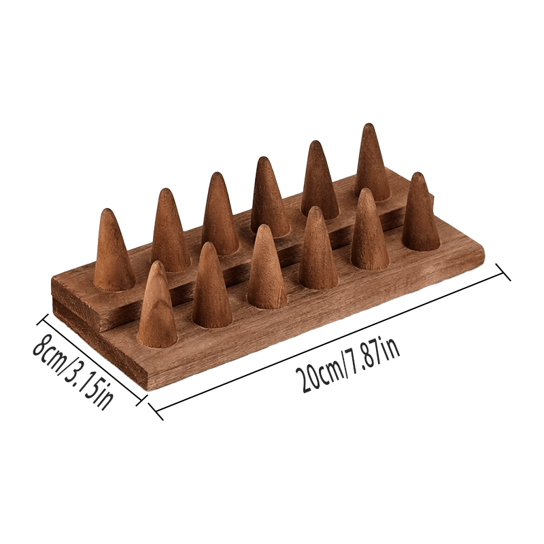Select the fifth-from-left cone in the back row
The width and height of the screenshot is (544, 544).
click(320, 180)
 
